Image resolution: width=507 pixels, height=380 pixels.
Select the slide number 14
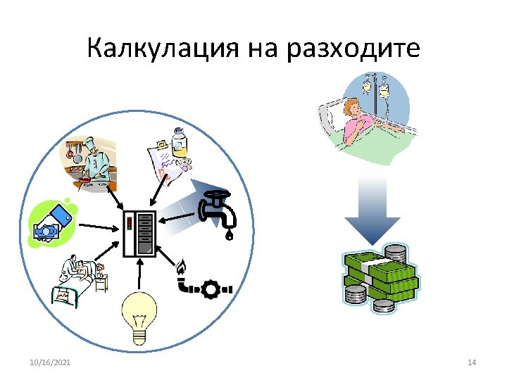472,362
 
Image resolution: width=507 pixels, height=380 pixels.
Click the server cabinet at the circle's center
139,233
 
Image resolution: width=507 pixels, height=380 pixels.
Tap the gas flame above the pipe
182,267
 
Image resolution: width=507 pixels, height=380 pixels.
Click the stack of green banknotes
381,277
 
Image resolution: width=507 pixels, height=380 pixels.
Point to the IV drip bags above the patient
375,88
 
